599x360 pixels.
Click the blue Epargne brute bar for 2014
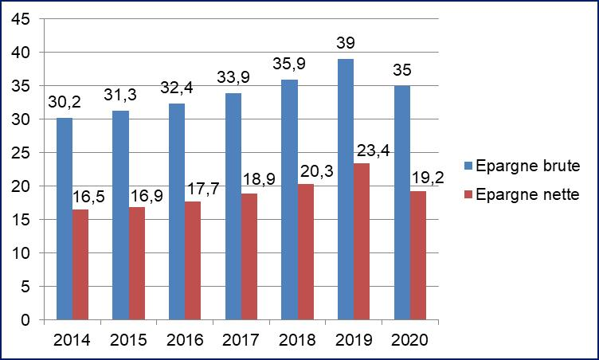(65, 219)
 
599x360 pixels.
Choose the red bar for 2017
(249, 256)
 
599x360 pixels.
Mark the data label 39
(346, 42)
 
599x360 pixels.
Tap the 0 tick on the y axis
(25, 320)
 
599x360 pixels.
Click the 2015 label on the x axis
(128, 340)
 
